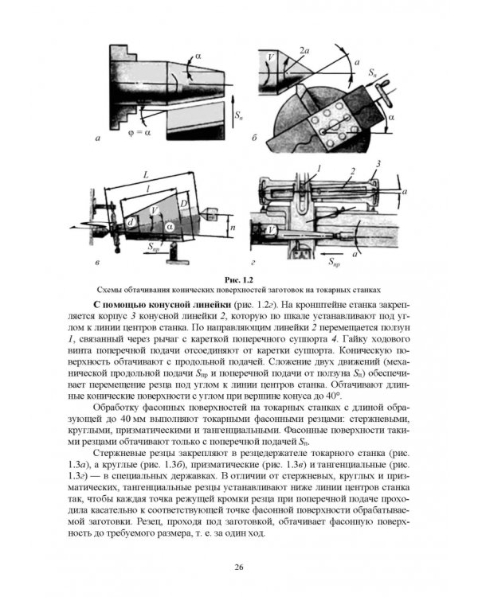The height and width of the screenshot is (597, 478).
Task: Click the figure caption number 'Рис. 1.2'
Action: coord(239,280)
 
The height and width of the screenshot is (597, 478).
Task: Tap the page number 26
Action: coord(239,568)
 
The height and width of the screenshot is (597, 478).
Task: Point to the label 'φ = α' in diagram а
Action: coord(139,133)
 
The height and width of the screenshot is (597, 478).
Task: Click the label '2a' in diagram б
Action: coord(304,50)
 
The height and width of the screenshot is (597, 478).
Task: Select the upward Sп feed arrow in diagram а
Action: coord(233,112)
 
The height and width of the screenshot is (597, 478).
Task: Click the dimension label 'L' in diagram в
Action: coord(146,176)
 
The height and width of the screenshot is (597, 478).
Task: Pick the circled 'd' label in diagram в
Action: coord(131,222)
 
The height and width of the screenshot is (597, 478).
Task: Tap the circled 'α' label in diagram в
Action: coord(170,227)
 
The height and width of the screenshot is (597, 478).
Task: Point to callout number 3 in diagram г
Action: coord(378,164)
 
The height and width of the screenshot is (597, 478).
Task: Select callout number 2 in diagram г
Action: coord(353,171)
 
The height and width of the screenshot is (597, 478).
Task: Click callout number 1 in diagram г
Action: coord(319,168)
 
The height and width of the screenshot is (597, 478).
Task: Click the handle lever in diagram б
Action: coord(383,94)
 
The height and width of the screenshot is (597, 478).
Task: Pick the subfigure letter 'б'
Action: coord(254,138)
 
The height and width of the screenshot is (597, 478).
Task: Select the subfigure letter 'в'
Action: coord(97,263)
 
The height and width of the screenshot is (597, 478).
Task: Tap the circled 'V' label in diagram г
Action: coord(272,229)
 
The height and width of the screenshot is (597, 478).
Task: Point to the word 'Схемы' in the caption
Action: coord(108,290)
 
